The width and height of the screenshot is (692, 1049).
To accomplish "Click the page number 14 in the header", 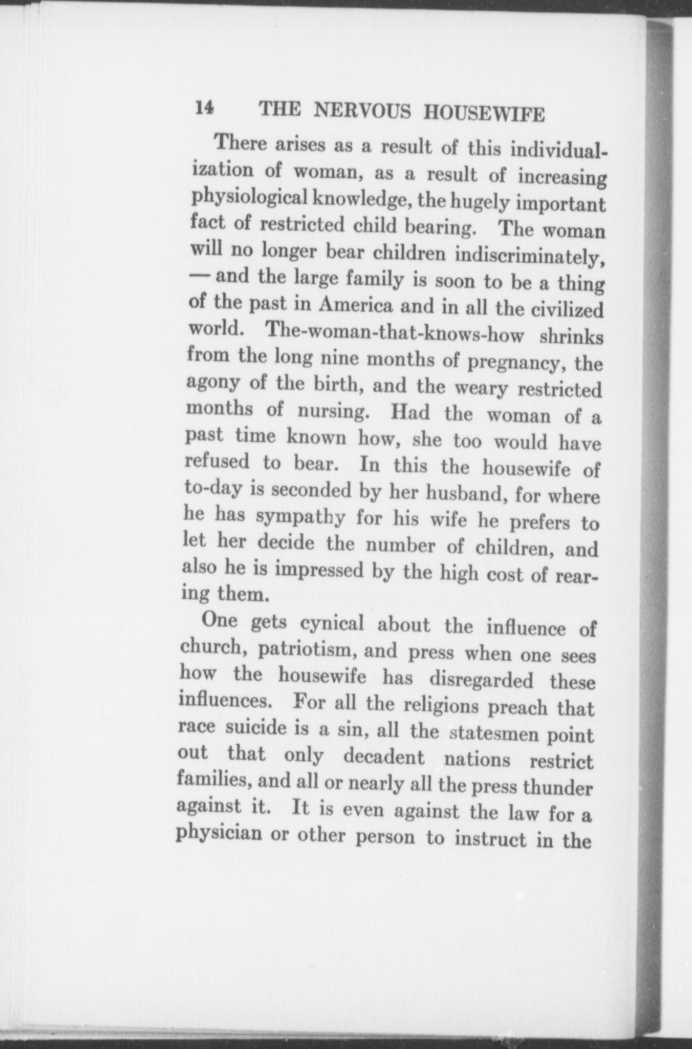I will point(204,108).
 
